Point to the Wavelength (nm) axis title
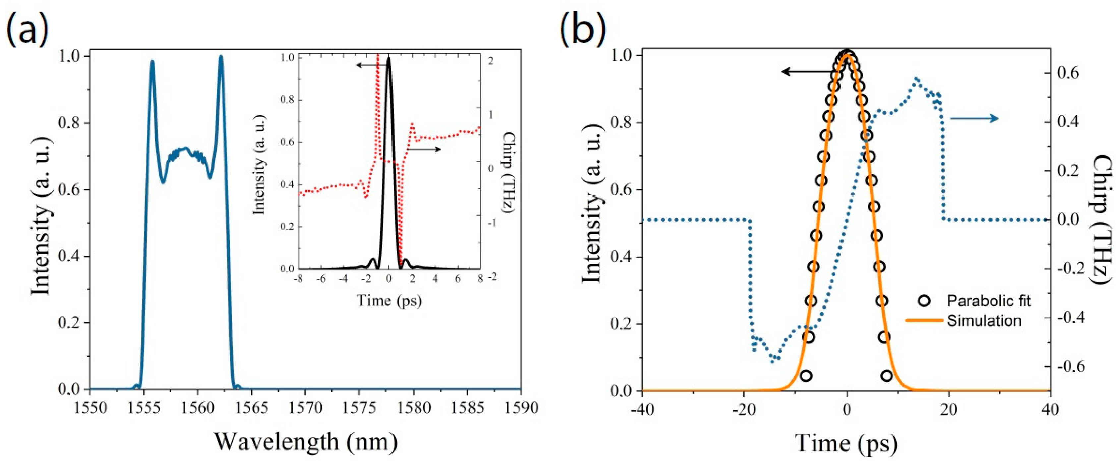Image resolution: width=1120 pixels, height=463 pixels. (306, 442)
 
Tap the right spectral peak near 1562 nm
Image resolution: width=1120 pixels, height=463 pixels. (221, 57)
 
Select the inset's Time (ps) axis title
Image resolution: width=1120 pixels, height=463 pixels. (389, 300)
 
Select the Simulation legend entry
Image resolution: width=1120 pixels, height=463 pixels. (983, 321)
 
